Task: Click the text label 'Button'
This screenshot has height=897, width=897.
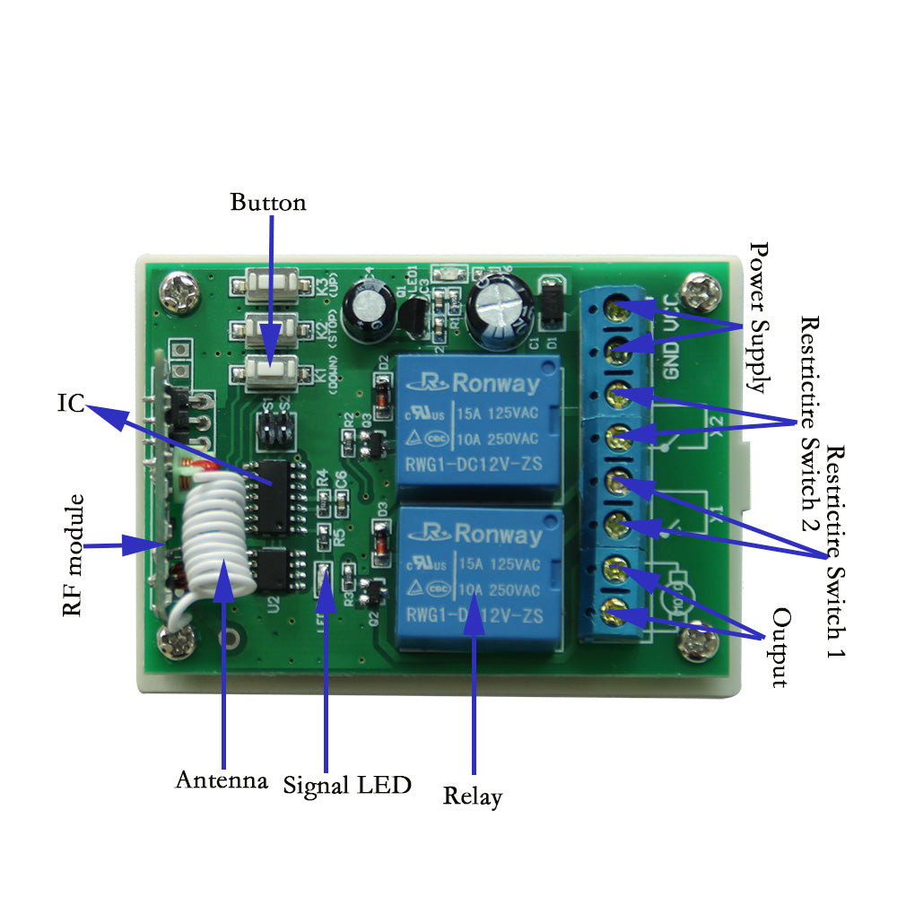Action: pos(267,203)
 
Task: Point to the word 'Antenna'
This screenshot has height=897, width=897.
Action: pos(222,779)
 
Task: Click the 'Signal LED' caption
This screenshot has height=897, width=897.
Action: pos(347,786)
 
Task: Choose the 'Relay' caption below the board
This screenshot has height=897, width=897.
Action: pos(473,796)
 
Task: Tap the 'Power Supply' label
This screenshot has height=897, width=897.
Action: pos(759,318)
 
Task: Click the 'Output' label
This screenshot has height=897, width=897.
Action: pos(781,648)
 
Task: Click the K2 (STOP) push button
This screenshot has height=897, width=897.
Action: pos(267,328)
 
